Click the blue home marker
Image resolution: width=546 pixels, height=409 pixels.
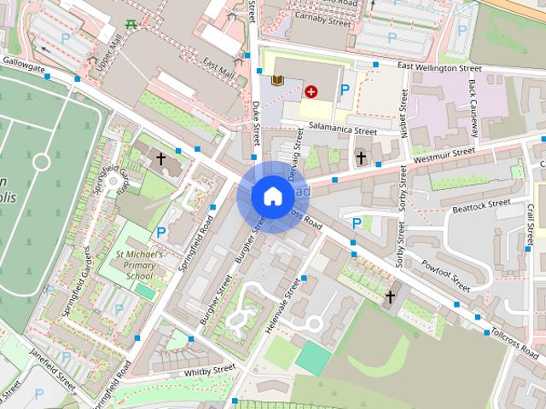pyautogui.click(x=271, y=196)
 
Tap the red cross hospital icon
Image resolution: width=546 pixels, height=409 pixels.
pyautogui.click(x=311, y=89)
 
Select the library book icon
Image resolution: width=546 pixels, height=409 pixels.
pyautogui.click(x=277, y=81)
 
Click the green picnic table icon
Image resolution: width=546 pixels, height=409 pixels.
pyautogui.click(x=131, y=23)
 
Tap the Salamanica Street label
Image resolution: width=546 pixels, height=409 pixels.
pyautogui.click(x=341, y=131)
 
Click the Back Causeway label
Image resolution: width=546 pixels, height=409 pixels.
pyautogui.click(x=473, y=108)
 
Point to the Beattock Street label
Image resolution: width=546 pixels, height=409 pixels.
pyautogui.click(x=480, y=205)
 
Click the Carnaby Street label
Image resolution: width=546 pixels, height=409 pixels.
pyautogui.click(x=322, y=16)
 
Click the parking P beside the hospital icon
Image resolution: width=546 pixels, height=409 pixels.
pyautogui.click(x=346, y=89)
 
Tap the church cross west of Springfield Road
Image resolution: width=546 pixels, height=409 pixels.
pyautogui.click(x=160, y=158)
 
